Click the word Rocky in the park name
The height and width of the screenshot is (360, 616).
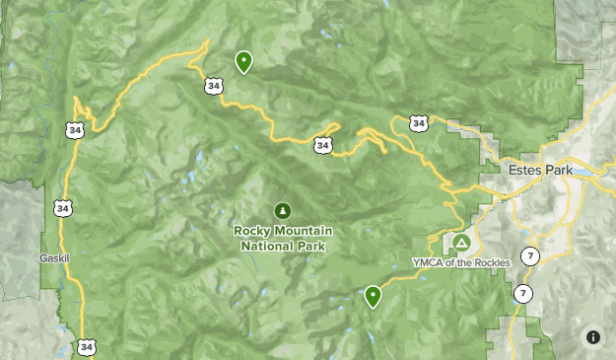coord(251,231)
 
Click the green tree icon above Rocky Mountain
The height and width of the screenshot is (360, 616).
coord(284,210)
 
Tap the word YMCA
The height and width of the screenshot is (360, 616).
coord(429,262)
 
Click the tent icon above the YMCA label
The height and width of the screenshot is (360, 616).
coord(460,243)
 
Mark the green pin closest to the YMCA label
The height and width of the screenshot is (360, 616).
coord(373,296)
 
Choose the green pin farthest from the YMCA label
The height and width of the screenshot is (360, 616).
coord(242,62)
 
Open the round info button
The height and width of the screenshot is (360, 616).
coord(593,336)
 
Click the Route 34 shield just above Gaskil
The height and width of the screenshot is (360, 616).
coord(63,208)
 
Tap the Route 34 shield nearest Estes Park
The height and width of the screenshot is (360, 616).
coord(420,123)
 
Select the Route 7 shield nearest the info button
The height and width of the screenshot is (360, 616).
coord(521,294)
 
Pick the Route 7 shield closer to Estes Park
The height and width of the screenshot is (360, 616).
coord(531,257)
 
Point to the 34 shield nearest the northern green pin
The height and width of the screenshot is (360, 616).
coord(214,86)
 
